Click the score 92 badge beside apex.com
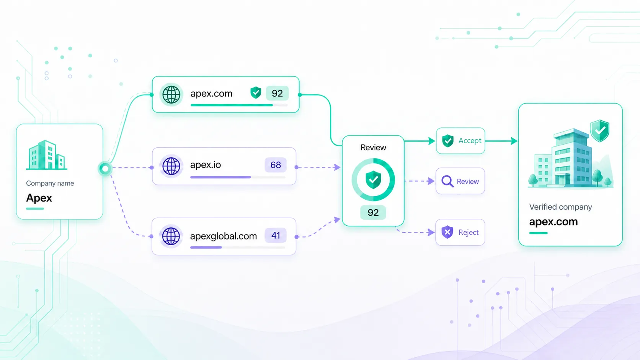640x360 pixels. click(277, 93)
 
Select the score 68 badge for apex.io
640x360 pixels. click(276, 165)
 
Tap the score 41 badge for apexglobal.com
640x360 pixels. click(276, 236)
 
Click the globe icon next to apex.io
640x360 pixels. click(171, 166)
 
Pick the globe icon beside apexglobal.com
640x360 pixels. click(171, 236)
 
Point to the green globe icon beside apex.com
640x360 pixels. click(171, 94)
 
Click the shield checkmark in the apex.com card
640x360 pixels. click(256, 93)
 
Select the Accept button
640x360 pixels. click(460, 141)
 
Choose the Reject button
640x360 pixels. click(460, 232)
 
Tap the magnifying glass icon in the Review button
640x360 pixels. click(447, 181)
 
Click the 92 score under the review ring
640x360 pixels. click(373, 213)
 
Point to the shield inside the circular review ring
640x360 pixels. click(373, 180)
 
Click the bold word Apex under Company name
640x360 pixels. click(39, 198)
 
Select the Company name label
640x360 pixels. click(50, 183)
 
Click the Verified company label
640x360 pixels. click(560, 207)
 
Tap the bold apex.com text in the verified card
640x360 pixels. click(553, 222)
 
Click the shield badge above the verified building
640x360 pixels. click(600, 131)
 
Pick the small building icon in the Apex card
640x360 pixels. click(47, 155)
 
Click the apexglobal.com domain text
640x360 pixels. click(224, 236)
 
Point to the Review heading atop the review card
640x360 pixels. click(373, 147)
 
